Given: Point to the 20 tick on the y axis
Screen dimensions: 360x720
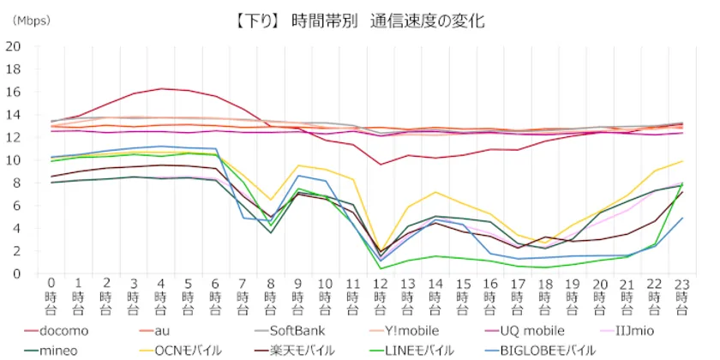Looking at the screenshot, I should pos(15,46).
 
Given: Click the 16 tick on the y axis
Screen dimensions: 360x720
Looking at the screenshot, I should pos(15,92).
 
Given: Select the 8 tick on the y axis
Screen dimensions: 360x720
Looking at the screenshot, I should pos(18,183).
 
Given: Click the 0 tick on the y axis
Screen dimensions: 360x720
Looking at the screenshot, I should pos(18,273).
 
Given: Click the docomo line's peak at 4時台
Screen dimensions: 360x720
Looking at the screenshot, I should pos(161,88).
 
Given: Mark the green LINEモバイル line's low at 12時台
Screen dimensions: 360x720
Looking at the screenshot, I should pos(380,268).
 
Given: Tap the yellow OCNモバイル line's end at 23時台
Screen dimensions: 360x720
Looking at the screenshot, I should pos(681,161).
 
